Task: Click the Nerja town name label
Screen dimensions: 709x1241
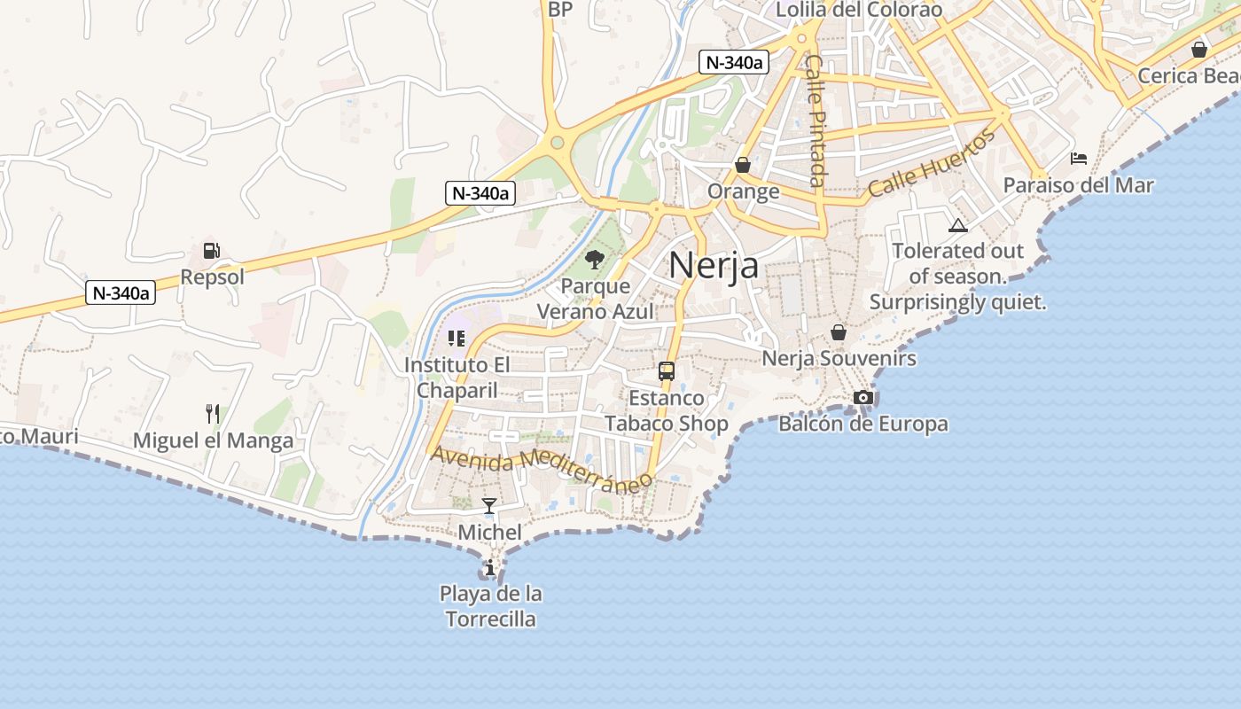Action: point(714,265)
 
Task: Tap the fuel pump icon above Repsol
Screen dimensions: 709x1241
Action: point(211,251)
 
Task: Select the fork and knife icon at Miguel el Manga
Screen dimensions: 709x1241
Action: point(212,413)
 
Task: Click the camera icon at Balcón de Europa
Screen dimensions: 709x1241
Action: point(863,397)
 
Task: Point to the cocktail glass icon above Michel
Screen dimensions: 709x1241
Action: point(489,506)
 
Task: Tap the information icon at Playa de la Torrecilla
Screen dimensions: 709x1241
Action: point(490,567)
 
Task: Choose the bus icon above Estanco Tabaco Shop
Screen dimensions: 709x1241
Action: point(667,371)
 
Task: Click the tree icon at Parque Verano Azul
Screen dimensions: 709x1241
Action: point(595,260)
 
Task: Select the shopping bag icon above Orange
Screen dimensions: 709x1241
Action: point(743,165)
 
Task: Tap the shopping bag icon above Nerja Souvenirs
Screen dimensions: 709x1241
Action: point(839,332)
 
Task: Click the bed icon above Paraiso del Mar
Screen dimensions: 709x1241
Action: point(1079,159)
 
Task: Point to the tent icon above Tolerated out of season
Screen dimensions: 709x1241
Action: point(957,225)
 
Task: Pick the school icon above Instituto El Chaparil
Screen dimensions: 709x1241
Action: point(457,338)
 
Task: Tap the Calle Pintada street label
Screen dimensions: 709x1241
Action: point(816,121)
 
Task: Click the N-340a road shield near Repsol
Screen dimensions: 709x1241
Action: point(121,292)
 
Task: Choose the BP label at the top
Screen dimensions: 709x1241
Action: point(560,9)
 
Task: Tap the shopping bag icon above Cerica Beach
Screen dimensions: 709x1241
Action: point(1199,50)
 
